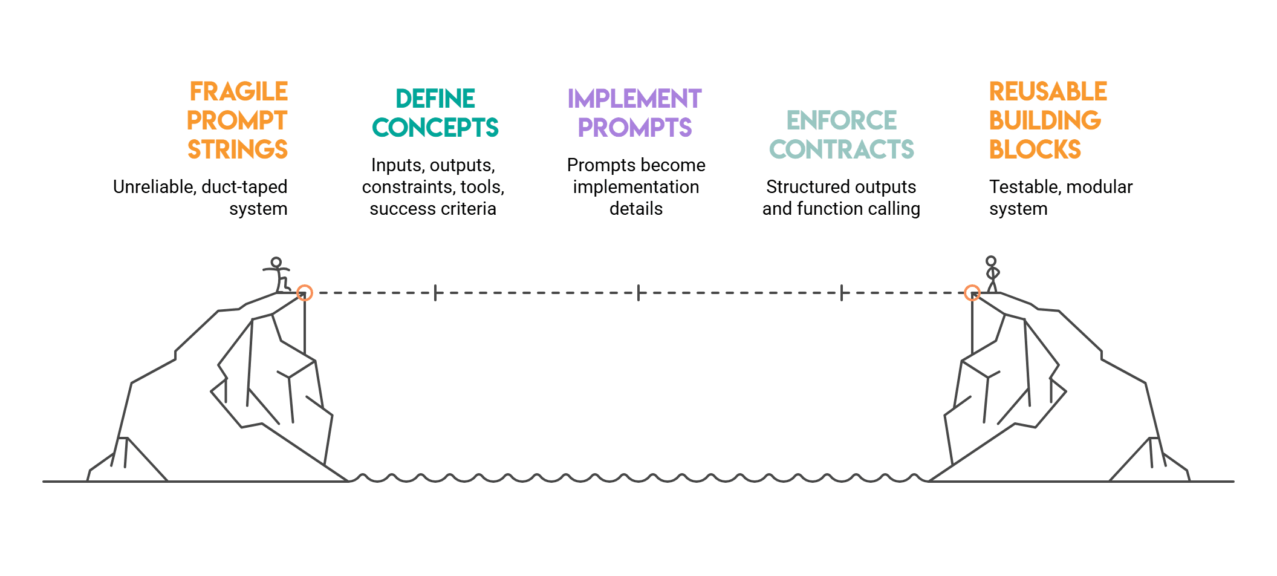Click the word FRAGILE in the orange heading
239,92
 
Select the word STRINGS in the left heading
238,149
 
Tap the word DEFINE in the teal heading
435,99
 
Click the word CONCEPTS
435,128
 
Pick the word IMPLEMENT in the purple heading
634,99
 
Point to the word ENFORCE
841,120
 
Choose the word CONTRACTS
841,149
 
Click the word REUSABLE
1048,92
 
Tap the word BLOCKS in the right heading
1035,149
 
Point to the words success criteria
433,209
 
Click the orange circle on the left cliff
305,293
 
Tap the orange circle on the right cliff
972,293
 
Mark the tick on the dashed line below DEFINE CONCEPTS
435,293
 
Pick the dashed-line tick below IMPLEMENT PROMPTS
638,293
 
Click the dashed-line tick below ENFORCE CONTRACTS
842,293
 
